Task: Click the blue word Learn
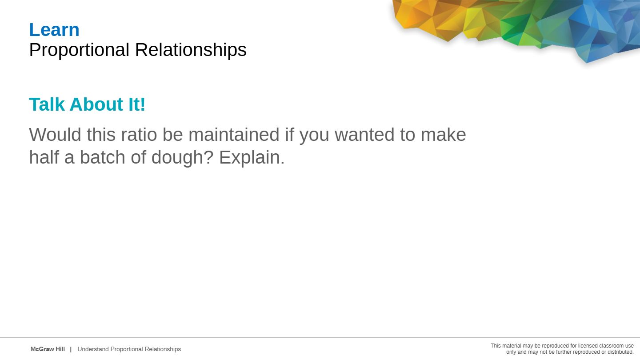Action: point(54,30)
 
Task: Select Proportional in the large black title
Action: point(80,50)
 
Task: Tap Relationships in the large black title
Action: point(191,50)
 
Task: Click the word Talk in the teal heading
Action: point(47,104)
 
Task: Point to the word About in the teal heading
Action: point(96,104)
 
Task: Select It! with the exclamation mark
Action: point(137,104)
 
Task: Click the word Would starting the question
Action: point(55,134)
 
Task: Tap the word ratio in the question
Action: point(139,134)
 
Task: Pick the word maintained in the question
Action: point(234,134)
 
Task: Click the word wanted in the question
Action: point(364,135)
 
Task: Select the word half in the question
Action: point(44,157)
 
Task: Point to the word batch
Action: point(102,157)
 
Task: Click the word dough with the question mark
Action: point(182,157)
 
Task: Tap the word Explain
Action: point(252,157)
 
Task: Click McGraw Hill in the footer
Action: point(48,349)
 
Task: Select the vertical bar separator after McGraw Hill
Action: point(71,349)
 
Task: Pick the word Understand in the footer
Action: point(93,349)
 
